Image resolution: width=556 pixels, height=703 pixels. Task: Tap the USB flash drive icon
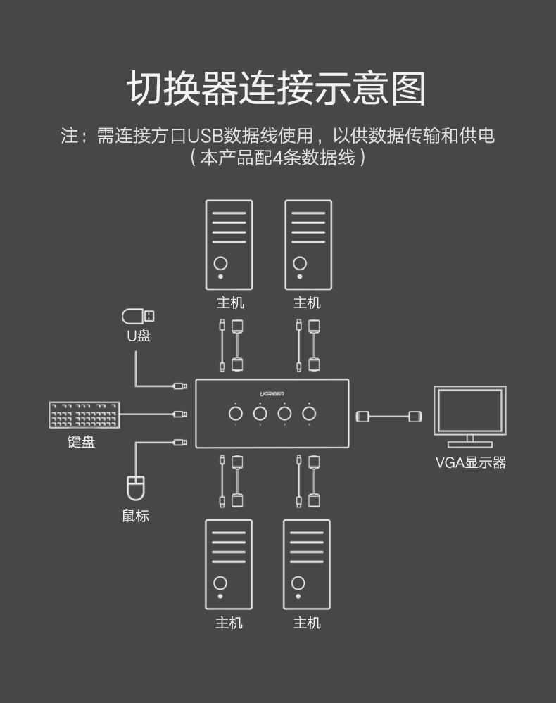pyautogui.click(x=138, y=316)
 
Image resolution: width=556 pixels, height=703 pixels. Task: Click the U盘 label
pyautogui.click(x=139, y=336)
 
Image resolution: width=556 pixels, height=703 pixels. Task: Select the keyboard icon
pyautogui.click(x=84, y=415)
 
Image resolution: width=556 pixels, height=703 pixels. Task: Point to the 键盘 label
pyautogui.click(x=81, y=442)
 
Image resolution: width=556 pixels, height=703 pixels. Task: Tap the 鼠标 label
pyautogui.click(x=135, y=516)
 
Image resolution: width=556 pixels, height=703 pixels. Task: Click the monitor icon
pyautogui.click(x=469, y=416)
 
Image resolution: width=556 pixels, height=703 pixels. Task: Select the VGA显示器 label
pyautogui.click(x=470, y=462)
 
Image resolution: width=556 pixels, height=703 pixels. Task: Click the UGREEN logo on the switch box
pyautogui.click(x=271, y=393)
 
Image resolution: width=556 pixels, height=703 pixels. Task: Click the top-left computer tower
pyautogui.click(x=229, y=244)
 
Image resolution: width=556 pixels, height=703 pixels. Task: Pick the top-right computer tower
pyautogui.click(x=308, y=244)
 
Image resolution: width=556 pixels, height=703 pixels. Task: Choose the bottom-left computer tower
pyautogui.click(x=229, y=564)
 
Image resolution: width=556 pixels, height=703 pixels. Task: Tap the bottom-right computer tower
pyautogui.click(x=307, y=564)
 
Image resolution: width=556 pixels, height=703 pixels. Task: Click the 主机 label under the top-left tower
pyautogui.click(x=229, y=303)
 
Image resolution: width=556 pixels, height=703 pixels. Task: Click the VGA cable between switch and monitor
pyautogui.click(x=390, y=416)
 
